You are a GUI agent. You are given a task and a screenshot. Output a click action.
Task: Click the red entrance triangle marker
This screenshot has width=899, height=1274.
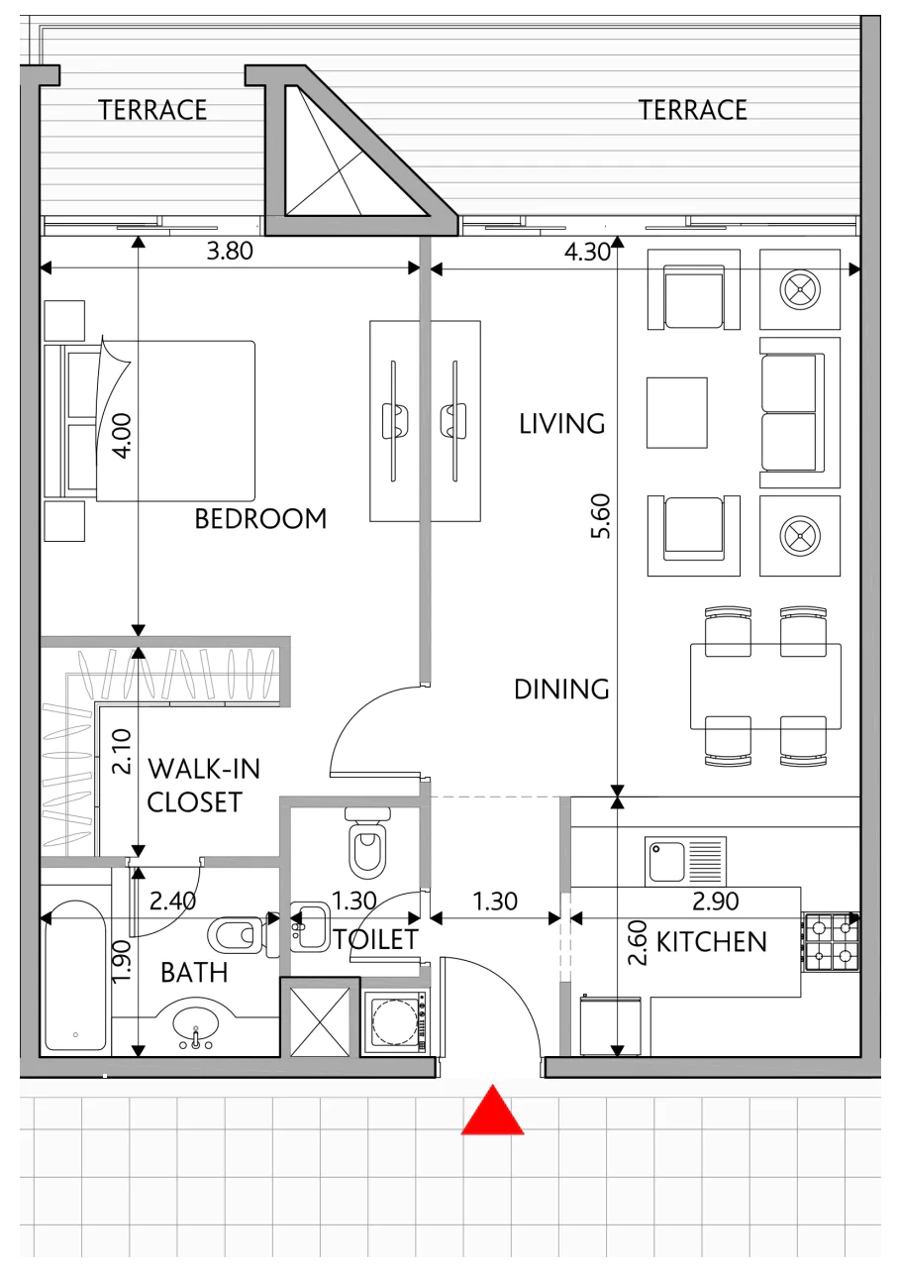coord(492,1112)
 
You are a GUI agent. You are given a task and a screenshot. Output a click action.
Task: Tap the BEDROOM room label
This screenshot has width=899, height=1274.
coord(260,519)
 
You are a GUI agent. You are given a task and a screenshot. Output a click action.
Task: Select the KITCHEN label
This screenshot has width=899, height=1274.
coord(712,942)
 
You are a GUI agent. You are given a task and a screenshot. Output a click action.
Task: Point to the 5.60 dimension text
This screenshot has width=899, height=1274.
coord(601,516)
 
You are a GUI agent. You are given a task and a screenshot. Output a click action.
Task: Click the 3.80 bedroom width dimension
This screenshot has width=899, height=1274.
coord(229,251)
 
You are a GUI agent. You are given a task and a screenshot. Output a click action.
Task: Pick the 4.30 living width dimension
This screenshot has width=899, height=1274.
coord(587,252)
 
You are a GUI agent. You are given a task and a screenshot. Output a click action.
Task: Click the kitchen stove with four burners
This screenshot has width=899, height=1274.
coord(832,941)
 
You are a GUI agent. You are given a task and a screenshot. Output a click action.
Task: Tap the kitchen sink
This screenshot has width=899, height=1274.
coord(685,861)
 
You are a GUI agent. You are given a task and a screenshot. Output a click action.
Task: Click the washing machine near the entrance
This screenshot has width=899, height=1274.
coord(395,1022)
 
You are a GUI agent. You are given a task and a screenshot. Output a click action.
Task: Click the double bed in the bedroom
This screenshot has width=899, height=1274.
coord(150,421)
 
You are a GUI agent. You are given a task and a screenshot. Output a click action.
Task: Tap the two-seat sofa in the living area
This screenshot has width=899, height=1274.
coord(800,412)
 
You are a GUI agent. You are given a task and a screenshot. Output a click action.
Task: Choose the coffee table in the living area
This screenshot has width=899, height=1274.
coord(677,412)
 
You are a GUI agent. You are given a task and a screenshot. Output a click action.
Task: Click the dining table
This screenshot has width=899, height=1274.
coord(765,686)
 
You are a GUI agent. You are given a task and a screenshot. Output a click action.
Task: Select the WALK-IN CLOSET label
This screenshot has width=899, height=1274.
coord(203,786)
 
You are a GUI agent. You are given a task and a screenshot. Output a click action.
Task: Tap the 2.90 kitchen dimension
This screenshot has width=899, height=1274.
coord(715,901)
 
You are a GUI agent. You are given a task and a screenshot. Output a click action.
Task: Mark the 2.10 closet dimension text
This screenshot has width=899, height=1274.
coord(122,752)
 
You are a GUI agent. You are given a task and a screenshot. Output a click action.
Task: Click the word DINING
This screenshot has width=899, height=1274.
coord(561,690)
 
